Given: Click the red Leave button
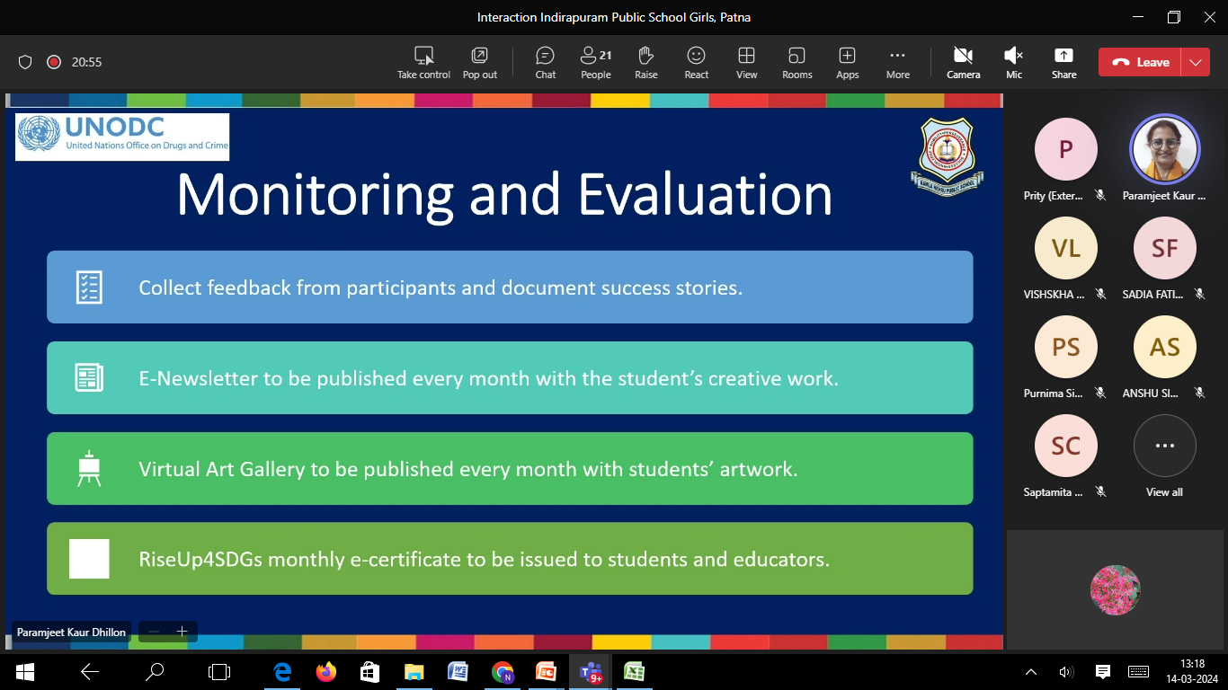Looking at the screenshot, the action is click(1140, 63).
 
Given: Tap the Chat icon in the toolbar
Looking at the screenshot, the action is click(545, 56).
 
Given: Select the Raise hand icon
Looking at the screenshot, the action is click(645, 56).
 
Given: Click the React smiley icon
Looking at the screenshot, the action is click(696, 56).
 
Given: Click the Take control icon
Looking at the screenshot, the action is click(423, 56).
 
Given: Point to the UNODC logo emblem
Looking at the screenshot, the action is click(39, 133).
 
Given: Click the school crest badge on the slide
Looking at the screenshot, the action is click(947, 155).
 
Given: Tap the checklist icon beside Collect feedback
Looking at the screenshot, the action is click(89, 287).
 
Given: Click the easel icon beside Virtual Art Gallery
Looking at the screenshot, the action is click(89, 468).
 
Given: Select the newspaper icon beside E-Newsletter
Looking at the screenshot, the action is click(89, 377).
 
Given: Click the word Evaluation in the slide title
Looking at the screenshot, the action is click(705, 195).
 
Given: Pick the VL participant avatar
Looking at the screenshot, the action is click(1065, 248).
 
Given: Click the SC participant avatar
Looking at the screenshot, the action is click(1065, 446).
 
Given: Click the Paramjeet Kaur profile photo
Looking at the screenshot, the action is click(1164, 149).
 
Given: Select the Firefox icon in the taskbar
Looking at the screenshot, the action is click(325, 671).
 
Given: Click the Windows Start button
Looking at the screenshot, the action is click(24, 671).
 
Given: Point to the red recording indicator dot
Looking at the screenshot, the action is click(54, 62).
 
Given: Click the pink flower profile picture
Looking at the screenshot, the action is click(1115, 590).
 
